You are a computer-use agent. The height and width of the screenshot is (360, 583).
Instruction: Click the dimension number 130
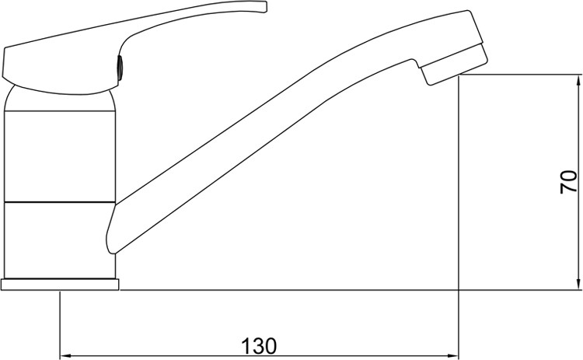(x=259, y=346)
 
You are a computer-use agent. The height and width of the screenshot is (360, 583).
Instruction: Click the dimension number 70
(x=569, y=182)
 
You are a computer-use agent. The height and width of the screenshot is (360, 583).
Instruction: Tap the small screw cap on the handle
(x=120, y=68)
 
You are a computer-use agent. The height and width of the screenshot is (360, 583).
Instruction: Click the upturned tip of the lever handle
(x=264, y=8)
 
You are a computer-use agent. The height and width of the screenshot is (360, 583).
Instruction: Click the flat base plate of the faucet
(x=60, y=285)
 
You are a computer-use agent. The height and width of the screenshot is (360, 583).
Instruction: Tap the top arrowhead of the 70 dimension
(x=578, y=80)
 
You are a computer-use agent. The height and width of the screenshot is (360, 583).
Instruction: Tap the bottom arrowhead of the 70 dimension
(x=578, y=284)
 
